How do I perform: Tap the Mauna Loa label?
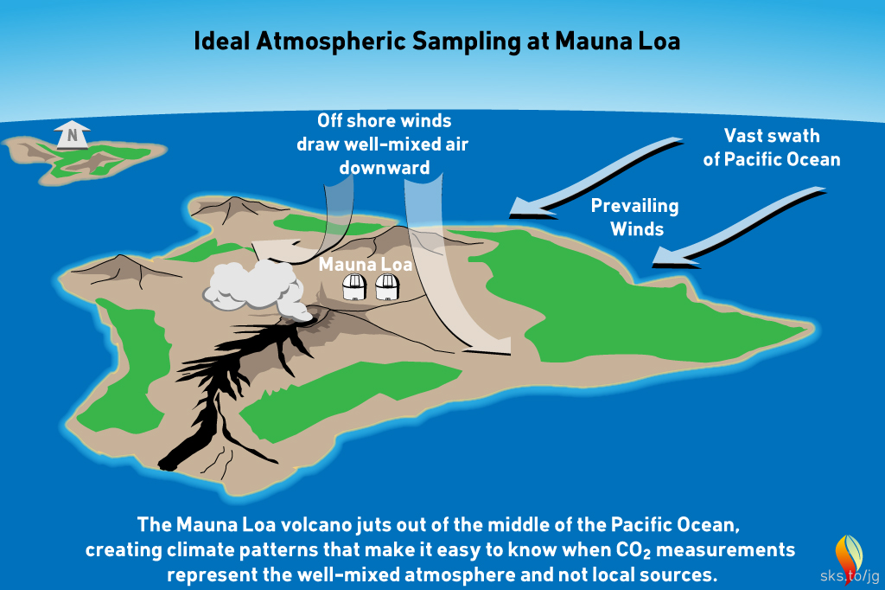click(x=365, y=264)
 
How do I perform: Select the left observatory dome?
click(x=354, y=286)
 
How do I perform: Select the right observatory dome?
click(x=386, y=286)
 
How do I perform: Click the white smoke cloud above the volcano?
click(x=251, y=285)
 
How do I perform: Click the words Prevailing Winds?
click(x=634, y=218)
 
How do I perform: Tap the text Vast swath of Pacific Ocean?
click(x=771, y=148)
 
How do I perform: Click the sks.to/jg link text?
click(x=850, y=576)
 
